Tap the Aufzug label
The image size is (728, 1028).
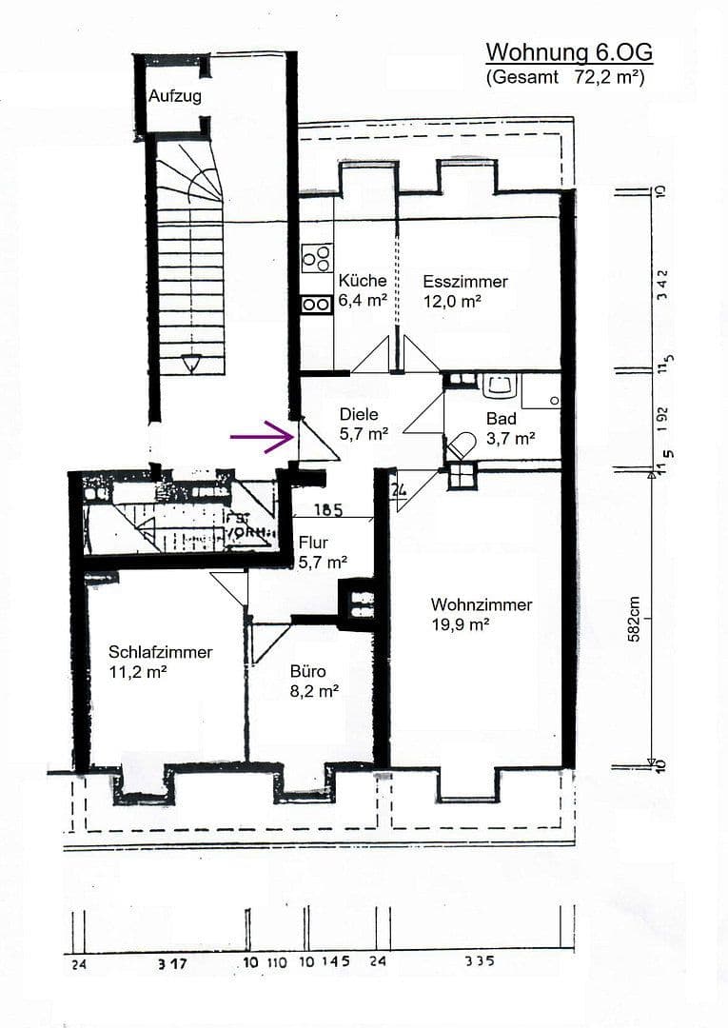click(175, 96)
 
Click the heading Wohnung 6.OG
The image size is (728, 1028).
click(569, 51)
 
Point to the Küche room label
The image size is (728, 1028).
click(363, 281)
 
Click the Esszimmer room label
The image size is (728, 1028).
click(465, 282)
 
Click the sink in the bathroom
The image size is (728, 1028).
click(500, 386)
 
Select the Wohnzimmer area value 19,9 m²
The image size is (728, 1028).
click(460, 624)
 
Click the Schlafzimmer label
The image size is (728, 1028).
click(160, 652)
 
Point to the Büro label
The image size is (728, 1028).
click(307, 671)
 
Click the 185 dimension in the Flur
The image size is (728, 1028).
click(327, 509)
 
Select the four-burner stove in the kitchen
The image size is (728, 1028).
click(317, 257)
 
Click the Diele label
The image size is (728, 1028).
click(359, 414)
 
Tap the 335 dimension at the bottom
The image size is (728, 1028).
click(480, 961)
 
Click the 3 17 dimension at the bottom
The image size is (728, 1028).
click(171, 963)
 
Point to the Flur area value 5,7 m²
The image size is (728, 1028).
click(322, 562)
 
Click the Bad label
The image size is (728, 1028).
click(502, 418)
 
